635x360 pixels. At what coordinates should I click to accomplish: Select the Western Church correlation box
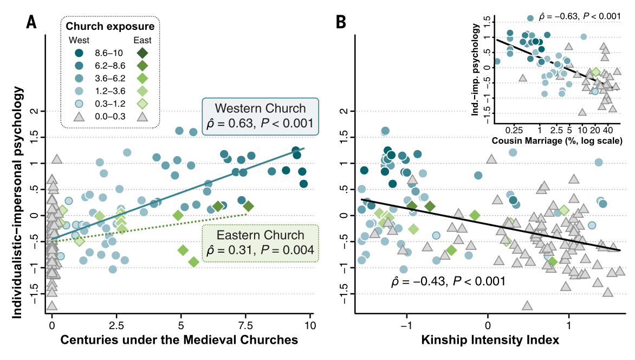pos(261,116)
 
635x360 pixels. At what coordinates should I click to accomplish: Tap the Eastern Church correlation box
pos(260,243)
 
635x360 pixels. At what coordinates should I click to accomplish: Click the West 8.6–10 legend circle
pos(79,53)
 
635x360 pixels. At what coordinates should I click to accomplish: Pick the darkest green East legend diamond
pos(143,53)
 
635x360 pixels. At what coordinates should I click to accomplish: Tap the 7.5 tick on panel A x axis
pos(245,325)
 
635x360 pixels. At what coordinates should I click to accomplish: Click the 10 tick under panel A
pos(309,325)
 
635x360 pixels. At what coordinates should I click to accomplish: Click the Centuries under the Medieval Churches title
pos(179,340)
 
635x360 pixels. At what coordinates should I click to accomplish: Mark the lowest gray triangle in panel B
pos(527,305)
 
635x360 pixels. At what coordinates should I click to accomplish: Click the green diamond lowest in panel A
pos(193,262)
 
